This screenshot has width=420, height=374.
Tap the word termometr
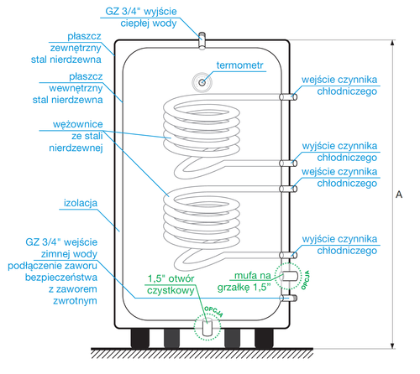(x=240, y=65)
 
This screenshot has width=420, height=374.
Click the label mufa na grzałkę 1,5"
(x=249, y=278)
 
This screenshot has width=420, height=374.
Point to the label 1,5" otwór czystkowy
(x=171, y=284)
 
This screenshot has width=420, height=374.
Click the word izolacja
(x=81, y=203)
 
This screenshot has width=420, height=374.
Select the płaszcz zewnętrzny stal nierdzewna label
(x=75, y=49)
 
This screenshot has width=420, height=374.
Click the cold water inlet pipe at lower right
(x=291, y=297)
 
